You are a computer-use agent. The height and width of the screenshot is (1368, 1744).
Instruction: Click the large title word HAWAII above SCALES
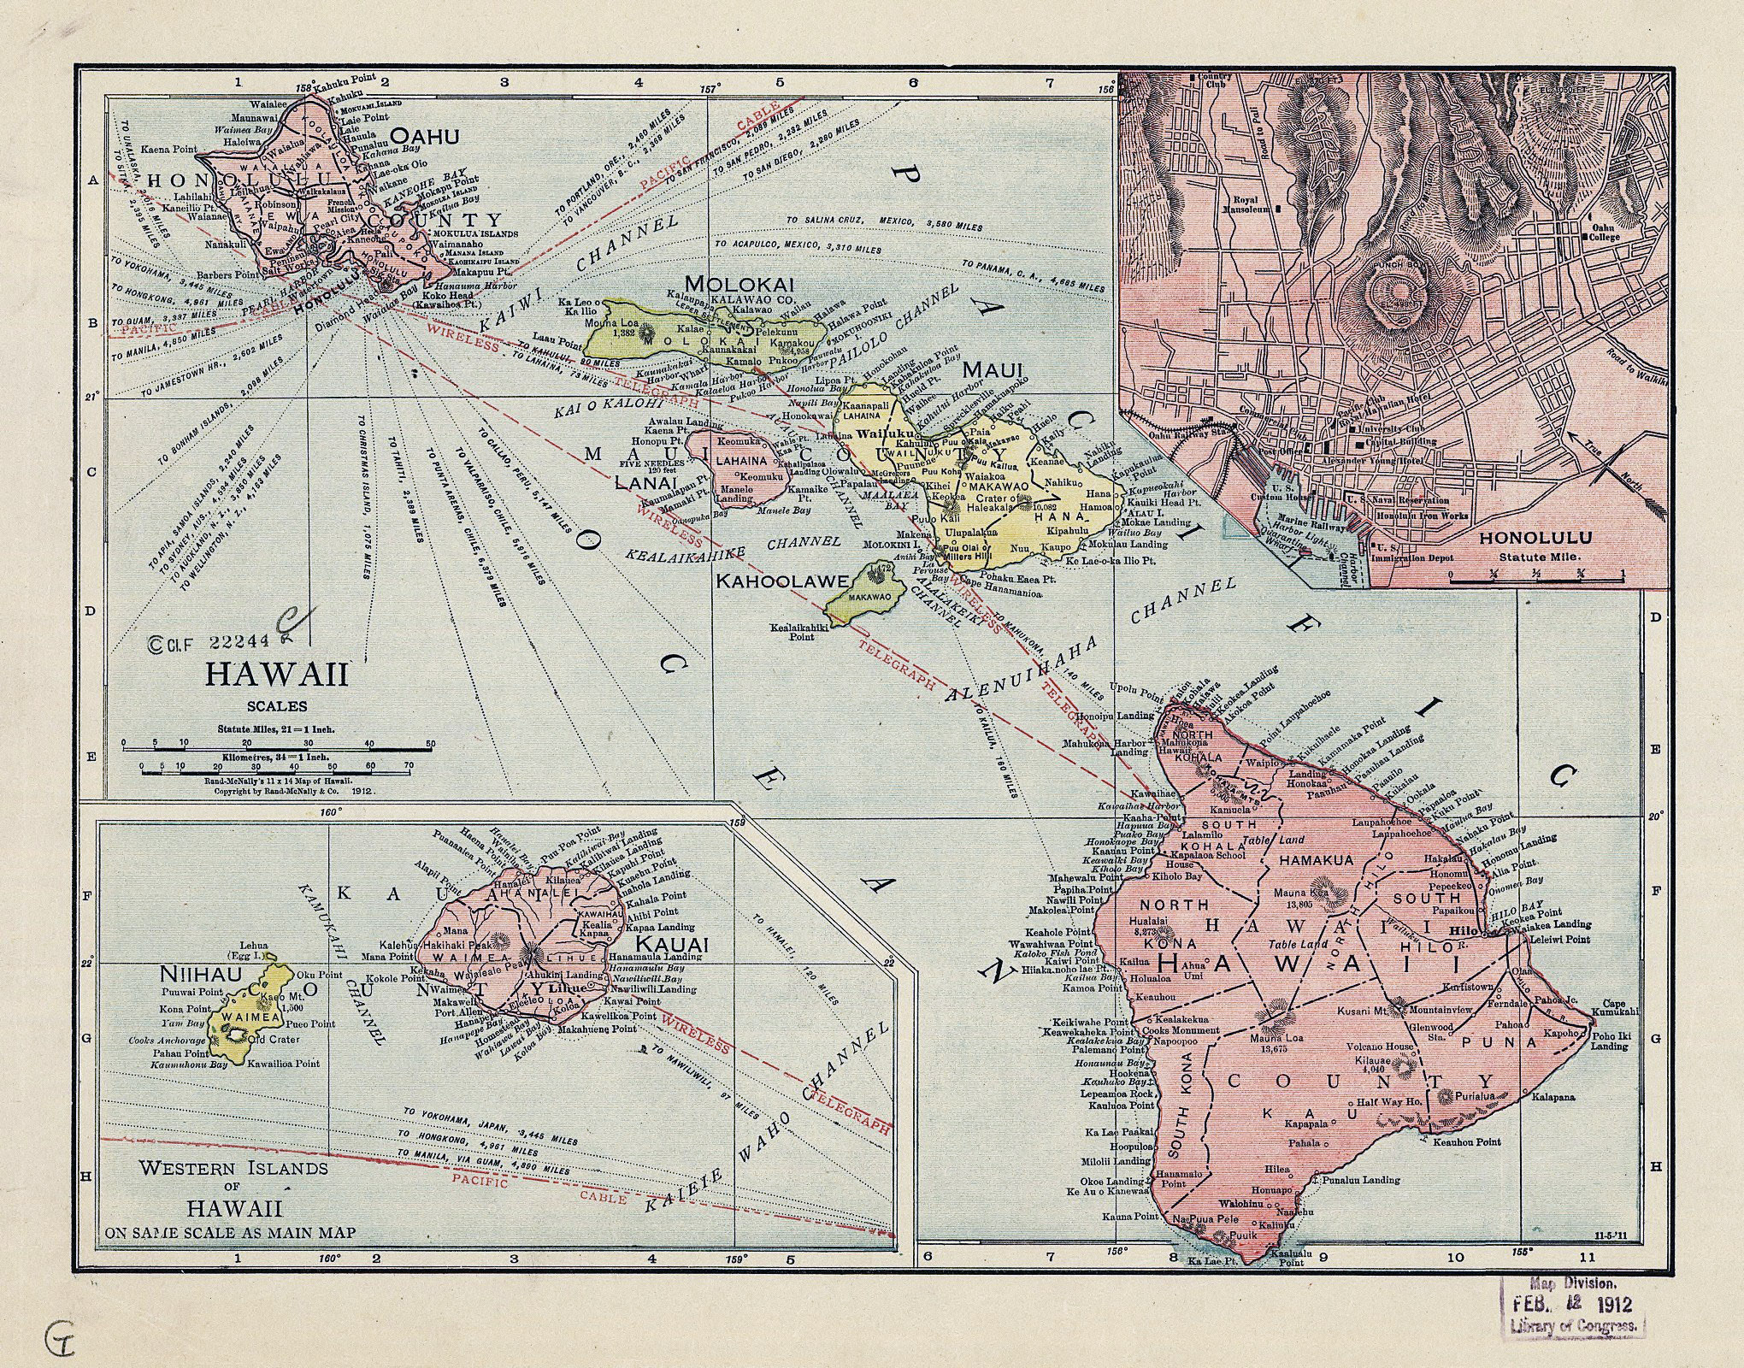276,675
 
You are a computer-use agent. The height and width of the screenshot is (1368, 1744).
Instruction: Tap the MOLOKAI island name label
739,284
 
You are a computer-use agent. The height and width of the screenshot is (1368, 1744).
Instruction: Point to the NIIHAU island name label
190,973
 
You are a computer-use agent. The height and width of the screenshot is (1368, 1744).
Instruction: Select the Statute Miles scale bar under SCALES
276,749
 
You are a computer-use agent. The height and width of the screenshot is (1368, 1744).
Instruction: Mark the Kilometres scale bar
276,772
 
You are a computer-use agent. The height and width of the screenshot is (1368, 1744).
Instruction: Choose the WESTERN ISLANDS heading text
233,1168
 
